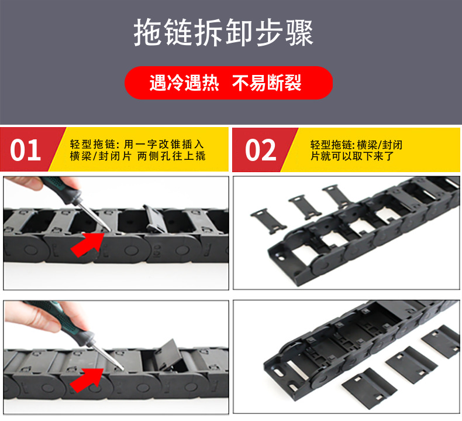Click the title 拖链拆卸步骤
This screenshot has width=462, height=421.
click(x=223, y=33)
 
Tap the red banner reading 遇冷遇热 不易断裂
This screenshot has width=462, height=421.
click(x=228, y=83)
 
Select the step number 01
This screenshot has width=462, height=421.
click(x=26, y=150)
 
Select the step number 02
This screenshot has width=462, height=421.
click(x=260, y=150)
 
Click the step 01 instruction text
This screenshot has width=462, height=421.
click(x=137, y=150)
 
